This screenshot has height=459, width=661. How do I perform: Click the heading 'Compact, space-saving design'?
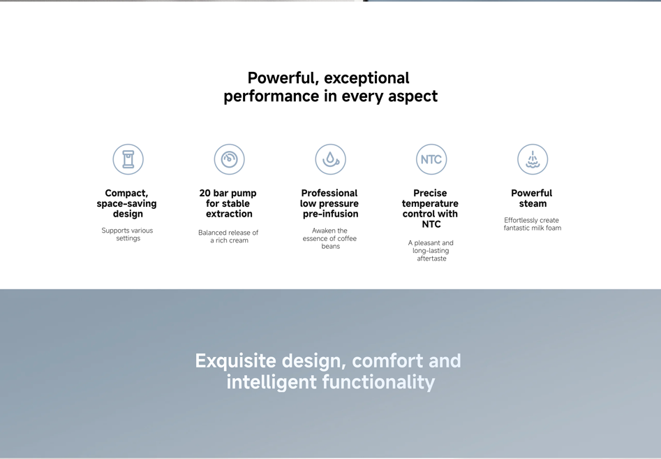[127, 203]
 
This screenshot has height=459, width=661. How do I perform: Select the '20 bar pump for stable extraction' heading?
[228, 203]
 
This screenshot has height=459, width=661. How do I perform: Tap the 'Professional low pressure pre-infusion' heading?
[329, 203]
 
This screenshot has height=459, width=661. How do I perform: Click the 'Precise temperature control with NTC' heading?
[431, 208]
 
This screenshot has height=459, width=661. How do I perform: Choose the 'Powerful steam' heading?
[532, 198]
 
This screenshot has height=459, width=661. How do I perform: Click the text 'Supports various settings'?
[127, 234]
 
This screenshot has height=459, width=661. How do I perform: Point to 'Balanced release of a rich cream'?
[228, 236]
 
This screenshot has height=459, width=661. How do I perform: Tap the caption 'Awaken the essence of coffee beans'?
[329, 238]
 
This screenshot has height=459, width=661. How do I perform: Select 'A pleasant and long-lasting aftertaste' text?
[431, 251]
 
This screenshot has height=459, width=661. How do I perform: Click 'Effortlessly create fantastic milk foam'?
[533, 224]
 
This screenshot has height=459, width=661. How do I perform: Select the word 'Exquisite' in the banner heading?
[236, 361]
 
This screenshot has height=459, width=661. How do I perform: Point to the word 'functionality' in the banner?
[378, 382]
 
